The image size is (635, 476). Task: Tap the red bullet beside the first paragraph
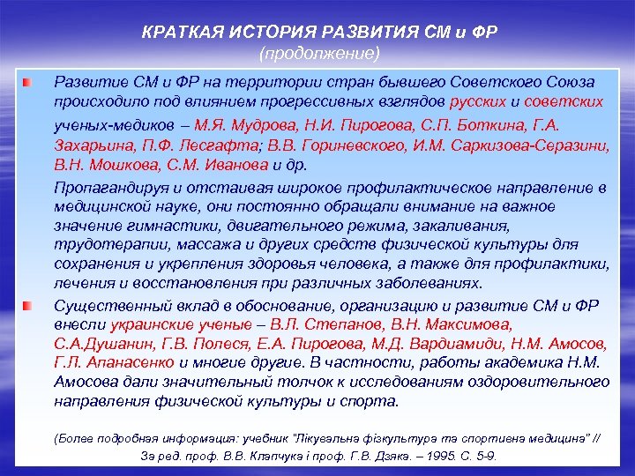(x=29, y=82)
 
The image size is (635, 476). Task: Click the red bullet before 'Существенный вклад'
(x=29, y=305)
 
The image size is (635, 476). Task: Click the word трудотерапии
(x=99, y=244)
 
